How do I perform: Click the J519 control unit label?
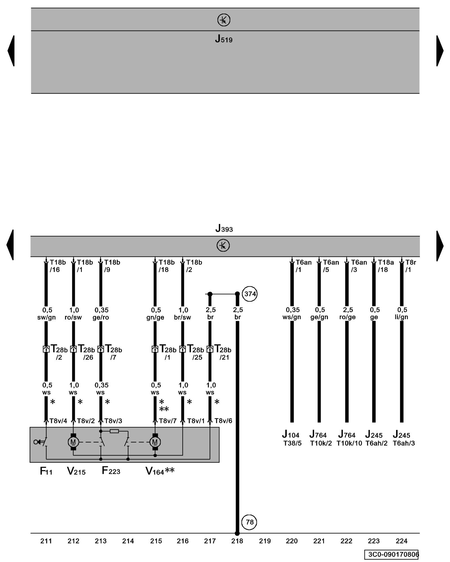click(224, 39)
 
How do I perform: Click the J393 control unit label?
click(224, 229)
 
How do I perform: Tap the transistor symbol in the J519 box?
click(224, 20)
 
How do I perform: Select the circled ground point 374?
click(249, 294)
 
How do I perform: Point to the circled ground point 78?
click(249, 522)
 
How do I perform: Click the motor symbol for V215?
click(73, 442)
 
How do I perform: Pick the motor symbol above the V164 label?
click(155, 442)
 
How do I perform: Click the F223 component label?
click(111, 471)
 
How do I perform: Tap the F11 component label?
click(46, 471)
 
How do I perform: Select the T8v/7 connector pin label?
click(168, 421)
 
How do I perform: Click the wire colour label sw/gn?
click(46, 318)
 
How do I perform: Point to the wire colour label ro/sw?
click(73, 318)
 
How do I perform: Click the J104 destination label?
click(291, 435)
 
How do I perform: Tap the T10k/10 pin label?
click(349, 443)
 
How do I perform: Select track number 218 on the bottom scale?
click(237, 541)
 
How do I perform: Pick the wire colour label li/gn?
click(401, 317)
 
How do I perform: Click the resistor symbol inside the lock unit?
click(114, 431)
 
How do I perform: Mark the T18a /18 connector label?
click(385, 266)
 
